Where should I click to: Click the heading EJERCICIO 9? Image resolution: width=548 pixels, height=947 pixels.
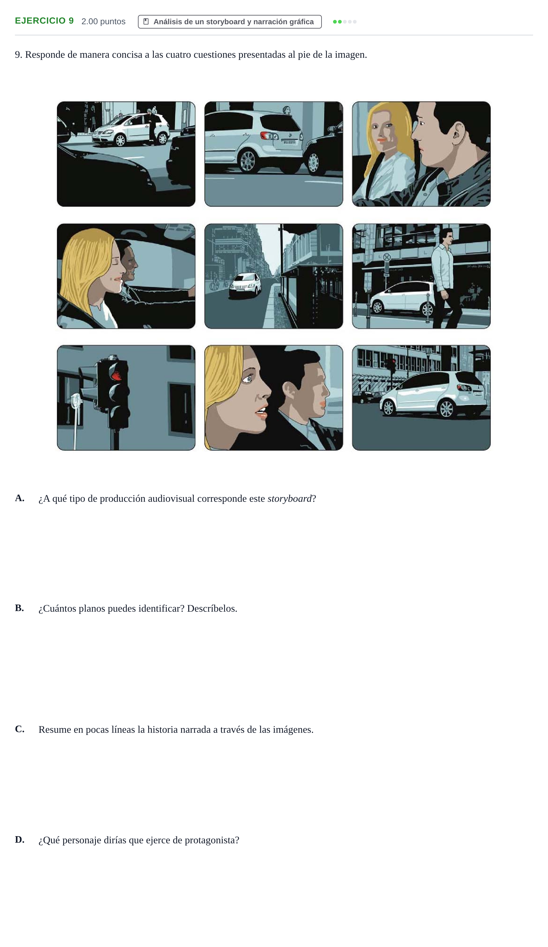coord(44,21)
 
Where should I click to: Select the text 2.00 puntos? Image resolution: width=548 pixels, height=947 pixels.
coord(103,21)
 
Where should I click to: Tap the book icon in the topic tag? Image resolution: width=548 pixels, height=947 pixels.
coord(146,21)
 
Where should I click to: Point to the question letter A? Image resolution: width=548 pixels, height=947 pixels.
coord(20,498)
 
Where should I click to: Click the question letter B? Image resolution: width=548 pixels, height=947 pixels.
coord(20,608)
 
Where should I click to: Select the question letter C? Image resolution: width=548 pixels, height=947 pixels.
coord(20,729)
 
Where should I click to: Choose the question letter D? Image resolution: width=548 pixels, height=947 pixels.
coord(20,839)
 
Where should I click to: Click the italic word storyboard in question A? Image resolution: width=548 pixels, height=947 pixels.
coord(290,499)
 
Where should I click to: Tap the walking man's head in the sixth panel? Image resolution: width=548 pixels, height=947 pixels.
coord(446,236)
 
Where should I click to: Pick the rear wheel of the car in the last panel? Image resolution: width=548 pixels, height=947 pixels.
coord(446,409)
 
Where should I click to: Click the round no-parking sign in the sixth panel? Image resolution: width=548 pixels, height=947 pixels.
coord(387,257)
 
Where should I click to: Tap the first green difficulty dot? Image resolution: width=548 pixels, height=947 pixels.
coord(335,22)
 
